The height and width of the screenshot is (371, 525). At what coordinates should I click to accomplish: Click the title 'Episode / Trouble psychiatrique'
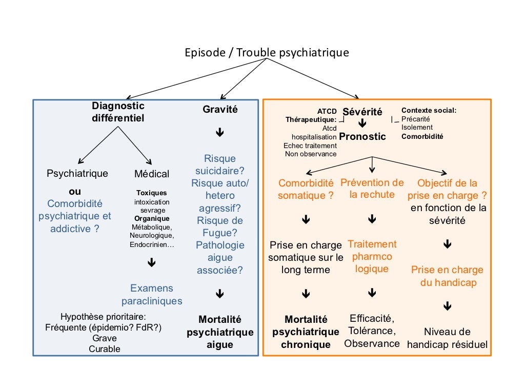[x=267, y=53]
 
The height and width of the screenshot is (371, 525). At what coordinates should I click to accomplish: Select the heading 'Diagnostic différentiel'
[x=118, y=112]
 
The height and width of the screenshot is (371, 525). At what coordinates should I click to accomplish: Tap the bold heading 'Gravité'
[x=220, y=109]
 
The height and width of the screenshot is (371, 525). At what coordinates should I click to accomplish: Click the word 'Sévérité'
[x=362, y=112]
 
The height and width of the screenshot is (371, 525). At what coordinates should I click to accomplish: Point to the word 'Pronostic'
[x=362, y=137]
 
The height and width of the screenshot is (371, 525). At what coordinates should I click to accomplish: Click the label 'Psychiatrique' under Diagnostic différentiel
[x=77, y=173]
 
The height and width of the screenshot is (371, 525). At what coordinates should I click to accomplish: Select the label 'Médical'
[x=152, y=174]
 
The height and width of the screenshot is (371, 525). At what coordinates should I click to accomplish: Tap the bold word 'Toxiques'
[x=151, y=193]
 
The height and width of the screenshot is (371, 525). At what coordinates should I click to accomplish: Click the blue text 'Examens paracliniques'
[x=151, y=295]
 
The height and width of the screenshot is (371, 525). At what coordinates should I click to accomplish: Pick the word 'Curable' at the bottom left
[x=105, y=349]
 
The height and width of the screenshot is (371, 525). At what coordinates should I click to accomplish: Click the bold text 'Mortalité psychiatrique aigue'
[x=220, y=332]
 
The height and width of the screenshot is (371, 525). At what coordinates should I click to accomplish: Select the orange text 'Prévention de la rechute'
[x=372, y=189]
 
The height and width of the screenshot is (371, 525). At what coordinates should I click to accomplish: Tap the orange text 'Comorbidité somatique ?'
[x=306, y=189]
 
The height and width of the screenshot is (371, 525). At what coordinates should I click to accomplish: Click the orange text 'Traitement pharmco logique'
[x=372, y=256]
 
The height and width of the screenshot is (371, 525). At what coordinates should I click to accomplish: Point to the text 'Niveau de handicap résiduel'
[x=447, y=338]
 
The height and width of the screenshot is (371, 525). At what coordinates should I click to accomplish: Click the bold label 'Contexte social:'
[x=429, y=110]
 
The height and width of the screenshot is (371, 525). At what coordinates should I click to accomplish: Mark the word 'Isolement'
[x=417, y=128]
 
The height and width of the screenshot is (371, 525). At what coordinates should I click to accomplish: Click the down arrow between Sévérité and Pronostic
[x=362, y=123]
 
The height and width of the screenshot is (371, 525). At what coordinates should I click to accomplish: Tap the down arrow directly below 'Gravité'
[x=220, y=133]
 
